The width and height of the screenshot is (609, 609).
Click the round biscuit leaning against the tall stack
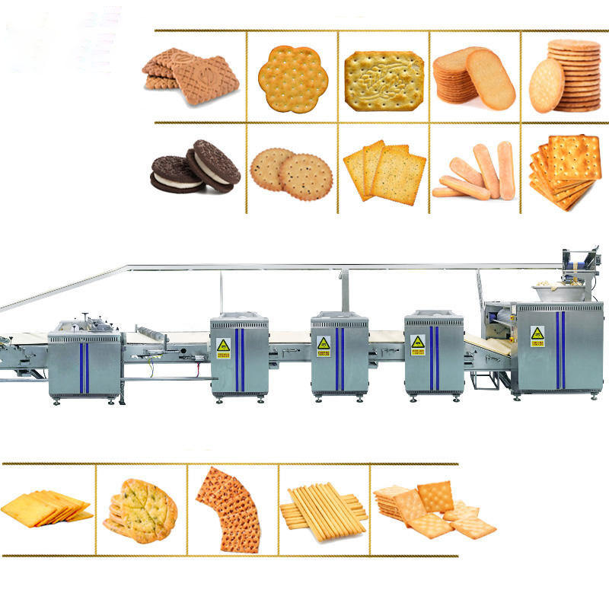pos(547,84)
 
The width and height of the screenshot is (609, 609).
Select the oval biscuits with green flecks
pos(141,510)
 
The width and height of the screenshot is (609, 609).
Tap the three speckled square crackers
pos(384,172)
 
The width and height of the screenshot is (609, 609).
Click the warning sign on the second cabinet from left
pos(222,346)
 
